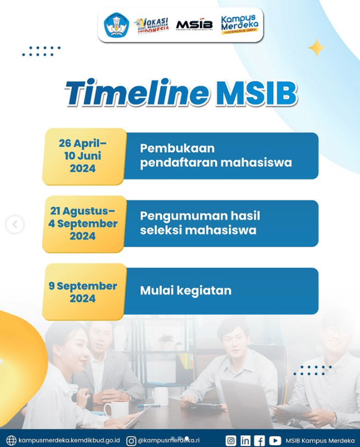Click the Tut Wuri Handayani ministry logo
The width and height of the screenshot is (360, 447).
pyautogui.click(x=116, y=25)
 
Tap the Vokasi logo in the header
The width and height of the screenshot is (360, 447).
pyautogui.click(x=151, y=26)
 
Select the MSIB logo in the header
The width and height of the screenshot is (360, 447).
pyautogui.click(x=195, y=24)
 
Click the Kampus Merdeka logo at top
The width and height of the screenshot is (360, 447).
pyautogui.click(x=239, y=25)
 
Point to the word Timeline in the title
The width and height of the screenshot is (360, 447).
pyautogui.click(x=136, y=93)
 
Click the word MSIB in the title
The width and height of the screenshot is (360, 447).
pyautogui.click(x=256, y=93)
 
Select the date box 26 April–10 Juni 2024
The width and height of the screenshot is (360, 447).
pyautogui.click(x=83, y=156)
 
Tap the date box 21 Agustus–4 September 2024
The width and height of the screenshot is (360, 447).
pyautogui.click(x=83, y=223)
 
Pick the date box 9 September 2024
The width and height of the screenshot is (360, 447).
pyautogui.click(x=83, y=292)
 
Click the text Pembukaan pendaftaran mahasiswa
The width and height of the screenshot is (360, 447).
pyautogui.click(x=216, y=155)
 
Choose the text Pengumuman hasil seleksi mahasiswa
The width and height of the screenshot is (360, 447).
pyautogui.click(x=200, y=223)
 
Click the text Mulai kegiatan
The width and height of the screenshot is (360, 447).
pyautogui.click(x=185, y=290)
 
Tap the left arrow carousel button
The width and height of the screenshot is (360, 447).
pyautogui.click(x=15, y=224)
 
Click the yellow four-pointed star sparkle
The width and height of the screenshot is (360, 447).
pyautogui.click(x=316, y=48)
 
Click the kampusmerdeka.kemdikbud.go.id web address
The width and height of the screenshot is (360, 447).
pyautogui.click(x=69, y=441)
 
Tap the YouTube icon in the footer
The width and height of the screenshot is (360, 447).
pyautogui.click(x=275, y=441)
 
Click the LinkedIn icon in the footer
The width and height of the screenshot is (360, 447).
pyautogui.click(x=245, y=441)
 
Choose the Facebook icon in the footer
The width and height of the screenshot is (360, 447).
pyautogui.click(x=260, y=441)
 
